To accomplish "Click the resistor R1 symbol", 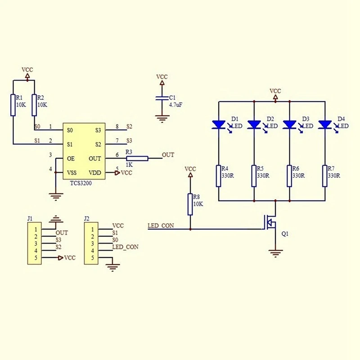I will pyautogui.click(x=13, y=104).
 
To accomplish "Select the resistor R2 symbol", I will pyautogui.click(x=34, y=104).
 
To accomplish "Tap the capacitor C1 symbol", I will pyautogui.click(x=161, y=99).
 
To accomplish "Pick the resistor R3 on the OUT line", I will pyautogui.click(x=137, y=158).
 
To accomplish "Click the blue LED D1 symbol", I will pyautogui.click(x=218, y=124).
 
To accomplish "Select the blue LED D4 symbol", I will pyautogui.click(x=325, y=124).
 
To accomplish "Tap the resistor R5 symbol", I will pyautogui.click(x=254, y=175).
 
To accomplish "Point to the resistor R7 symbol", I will pyautogui.click(x=325, y=175).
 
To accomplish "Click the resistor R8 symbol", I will pyautogui.click(x=190, y=203).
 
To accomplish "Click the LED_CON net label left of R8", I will pyautogui.click(x=161, y=225).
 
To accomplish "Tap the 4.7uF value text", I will pyautogui.click(x=175, y=105).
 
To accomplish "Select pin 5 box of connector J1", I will pyautogui.click(x=35, y=258).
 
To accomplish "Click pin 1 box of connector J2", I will pyautogui.click(x=92, y=229).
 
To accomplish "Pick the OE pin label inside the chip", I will pyautogui.click(x=71, y=158).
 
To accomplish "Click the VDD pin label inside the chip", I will pyautogui.click(x=94, y=172).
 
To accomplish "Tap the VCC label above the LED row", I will pyautogui.click(x=275, y=90).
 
